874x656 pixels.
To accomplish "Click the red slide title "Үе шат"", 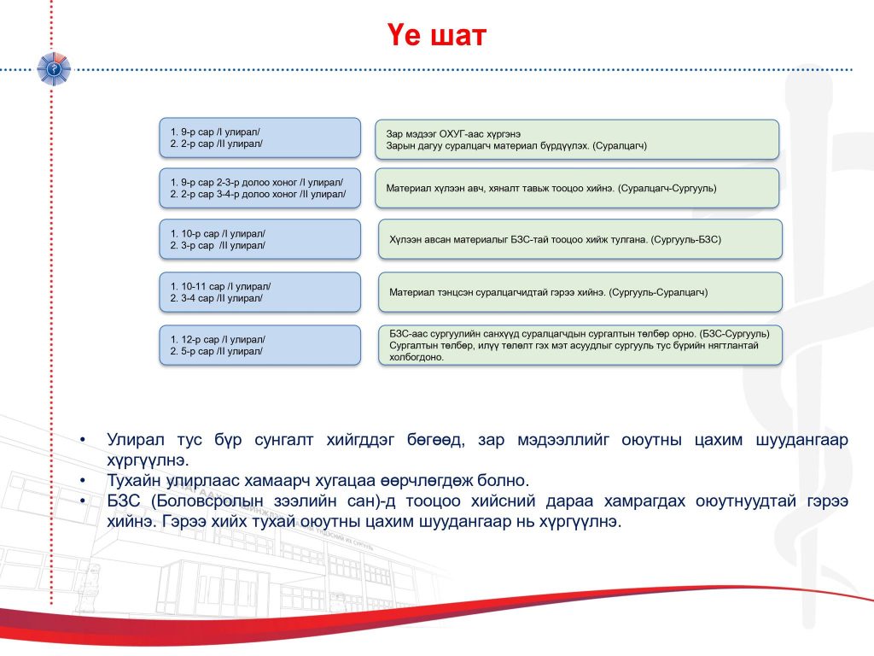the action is point(436,35).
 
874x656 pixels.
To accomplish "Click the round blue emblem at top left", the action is point(54,69).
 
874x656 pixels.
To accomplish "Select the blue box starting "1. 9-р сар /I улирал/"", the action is point(259,138).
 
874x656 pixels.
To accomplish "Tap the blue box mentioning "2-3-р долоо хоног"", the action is point(259,189).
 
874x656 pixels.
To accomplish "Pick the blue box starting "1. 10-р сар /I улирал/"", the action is point(259,239).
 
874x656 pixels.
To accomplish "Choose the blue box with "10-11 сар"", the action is point(259,292).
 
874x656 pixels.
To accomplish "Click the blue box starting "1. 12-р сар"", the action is point(259,345).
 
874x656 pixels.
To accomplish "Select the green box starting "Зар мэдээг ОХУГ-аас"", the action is point(577,139).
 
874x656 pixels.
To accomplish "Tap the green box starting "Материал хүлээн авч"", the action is point(577,189).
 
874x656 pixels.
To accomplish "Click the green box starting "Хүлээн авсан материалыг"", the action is point(580,239).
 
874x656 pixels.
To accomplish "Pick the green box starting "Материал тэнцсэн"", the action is point(580,292).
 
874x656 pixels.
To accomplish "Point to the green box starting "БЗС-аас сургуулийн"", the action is point(580,345).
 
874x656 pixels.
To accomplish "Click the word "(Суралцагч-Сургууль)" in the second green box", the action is point(667,189).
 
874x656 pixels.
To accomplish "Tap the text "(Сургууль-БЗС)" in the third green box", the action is point(686,240).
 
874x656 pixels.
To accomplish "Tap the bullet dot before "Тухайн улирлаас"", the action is point(83,481).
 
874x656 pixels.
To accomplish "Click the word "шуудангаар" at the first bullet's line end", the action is point(802,440).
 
